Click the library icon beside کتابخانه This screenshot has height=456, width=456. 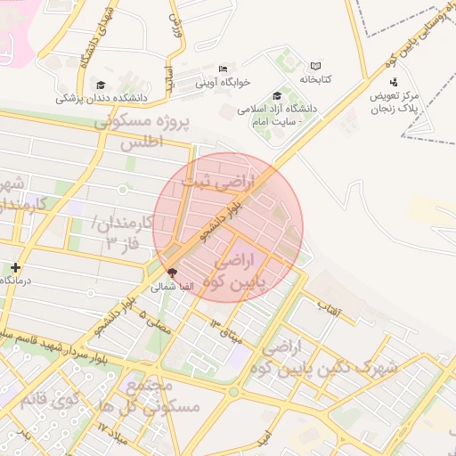pos(314,66)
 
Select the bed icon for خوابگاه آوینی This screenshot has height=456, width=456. pos(224,69)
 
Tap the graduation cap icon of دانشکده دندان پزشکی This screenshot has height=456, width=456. pos(100,85)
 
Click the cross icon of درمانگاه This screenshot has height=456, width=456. pos(15,266)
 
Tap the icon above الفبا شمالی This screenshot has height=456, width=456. pos(172,273)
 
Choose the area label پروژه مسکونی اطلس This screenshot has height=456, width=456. pos(142,130)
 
